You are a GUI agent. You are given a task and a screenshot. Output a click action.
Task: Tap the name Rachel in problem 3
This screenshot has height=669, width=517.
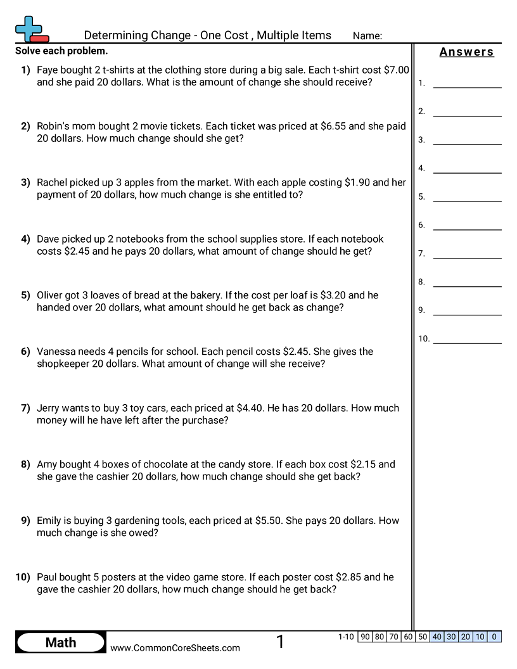(x=52, y=182)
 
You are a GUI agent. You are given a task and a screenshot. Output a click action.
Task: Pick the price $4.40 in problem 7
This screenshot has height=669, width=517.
(x=250, y=408)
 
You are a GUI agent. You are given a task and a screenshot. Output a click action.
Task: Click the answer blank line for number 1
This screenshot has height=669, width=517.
(x=467, y=87)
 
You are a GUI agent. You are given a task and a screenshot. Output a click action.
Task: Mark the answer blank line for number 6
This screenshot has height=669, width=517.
(x=467, y=229)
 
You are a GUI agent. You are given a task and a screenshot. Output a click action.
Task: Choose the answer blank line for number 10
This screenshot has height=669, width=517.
(x=467, y=343)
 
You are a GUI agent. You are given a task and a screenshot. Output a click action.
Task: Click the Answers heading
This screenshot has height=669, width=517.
(x=466, y=52)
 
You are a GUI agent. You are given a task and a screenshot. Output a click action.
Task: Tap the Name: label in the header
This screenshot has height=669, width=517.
(x=367, y=36)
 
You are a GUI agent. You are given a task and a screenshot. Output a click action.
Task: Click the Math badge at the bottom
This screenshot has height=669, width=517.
(x=61, y=642)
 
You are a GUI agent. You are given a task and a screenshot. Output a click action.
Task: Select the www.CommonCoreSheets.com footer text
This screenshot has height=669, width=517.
(x=176, y=647)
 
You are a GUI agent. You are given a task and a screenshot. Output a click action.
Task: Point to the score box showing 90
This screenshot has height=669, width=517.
(x=365, y=637)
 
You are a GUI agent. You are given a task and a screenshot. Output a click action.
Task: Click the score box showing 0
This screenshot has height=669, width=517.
(x=494, y=637)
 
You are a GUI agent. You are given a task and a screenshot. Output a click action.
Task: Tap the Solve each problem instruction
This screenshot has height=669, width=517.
(x=61, y=51)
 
